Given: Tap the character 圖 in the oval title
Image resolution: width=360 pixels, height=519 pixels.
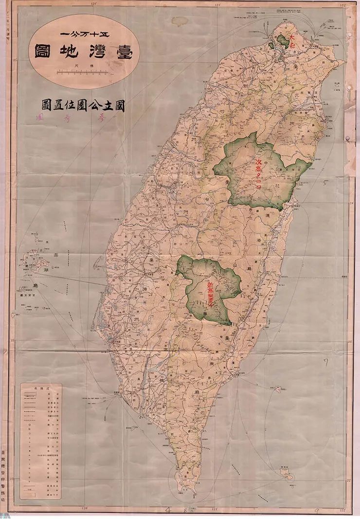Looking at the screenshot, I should pyautogui.click(x=44, y=52).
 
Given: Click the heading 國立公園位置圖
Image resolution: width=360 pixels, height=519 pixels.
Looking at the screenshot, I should pyautogui.click(x=83, y=106).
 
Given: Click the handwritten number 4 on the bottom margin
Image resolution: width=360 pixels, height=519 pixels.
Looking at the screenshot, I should pyautogui.click(x=169, y=510).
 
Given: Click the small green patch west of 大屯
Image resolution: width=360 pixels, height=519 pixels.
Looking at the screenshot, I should pyautogui.click(x=271, y=45).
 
